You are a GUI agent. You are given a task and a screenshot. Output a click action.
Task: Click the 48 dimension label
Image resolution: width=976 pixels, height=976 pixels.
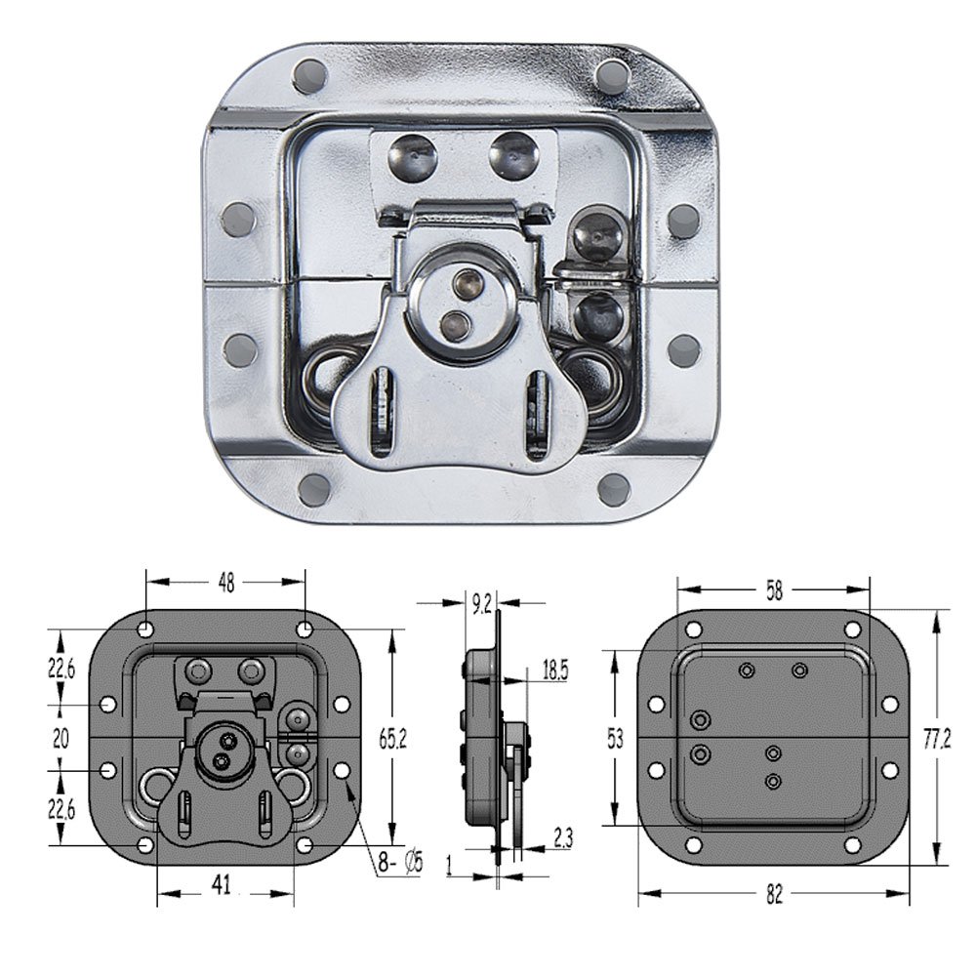click(225, 583)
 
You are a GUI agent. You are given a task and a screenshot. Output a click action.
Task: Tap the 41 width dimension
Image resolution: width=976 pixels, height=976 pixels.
click(222, 884)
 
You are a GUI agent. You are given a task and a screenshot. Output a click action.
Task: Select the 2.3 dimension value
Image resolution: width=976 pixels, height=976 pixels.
click(562, 835)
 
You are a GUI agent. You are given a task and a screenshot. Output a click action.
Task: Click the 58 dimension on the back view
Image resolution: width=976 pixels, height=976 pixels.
click(774, 590)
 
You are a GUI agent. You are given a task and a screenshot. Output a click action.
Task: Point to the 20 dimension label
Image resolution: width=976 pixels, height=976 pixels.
click(61, 739)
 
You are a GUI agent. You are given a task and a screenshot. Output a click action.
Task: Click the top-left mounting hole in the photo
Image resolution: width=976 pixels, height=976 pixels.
click(310, 74)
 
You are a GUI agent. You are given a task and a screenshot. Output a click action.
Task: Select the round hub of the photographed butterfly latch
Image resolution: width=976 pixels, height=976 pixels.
click(459, 305)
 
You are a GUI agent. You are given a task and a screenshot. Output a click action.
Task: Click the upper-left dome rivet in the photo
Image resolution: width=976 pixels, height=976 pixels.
click(413, 153)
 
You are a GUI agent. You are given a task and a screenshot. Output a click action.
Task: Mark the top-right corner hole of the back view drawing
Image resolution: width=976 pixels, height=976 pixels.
click(852, 630)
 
